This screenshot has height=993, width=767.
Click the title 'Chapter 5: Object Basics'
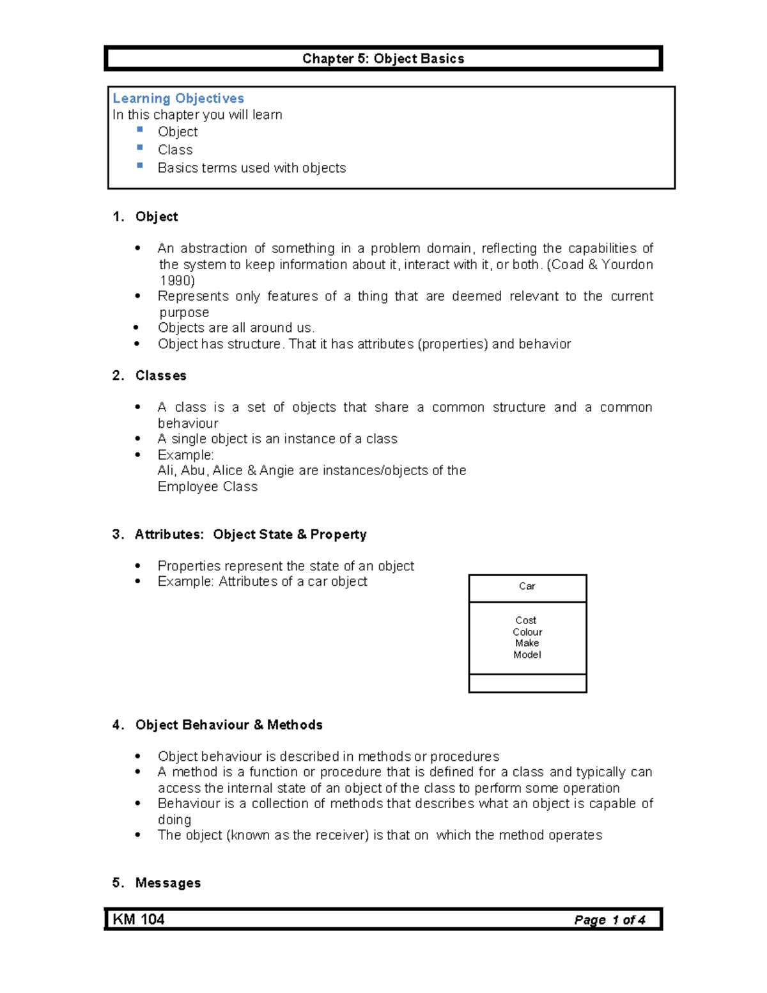pos(383,59)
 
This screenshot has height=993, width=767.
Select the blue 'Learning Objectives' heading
pos(178,98)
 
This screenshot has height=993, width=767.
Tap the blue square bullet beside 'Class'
pos(140,147)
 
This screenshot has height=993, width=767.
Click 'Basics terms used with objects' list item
pos(252,168)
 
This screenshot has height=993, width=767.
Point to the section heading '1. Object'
pos(146,217)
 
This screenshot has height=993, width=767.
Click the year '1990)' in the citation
pos(177,281)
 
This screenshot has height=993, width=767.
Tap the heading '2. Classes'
pos(150,376)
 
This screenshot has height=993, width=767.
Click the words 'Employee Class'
pos(208,487)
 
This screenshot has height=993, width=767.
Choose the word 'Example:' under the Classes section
pos(185,455)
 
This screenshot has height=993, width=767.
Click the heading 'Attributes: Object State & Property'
pos(251,535)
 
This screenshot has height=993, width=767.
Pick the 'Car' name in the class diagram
pos(527,586)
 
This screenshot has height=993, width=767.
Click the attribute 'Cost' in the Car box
pos(526,620)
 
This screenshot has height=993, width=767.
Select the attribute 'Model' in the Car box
pos(527,655)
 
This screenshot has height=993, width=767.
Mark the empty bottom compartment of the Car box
pos(527,684)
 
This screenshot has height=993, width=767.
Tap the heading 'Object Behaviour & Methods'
pos(229,725)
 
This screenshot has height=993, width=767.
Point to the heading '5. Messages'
pos(157,883)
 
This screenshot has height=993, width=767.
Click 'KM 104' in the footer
pos(139,919)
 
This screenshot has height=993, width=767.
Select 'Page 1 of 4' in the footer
pos(610,920)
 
